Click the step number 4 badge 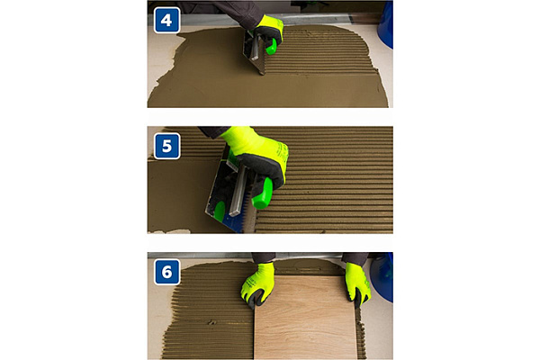click(x=166, y=21)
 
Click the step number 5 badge click(x=166, y=146)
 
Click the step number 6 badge click(x=166, y=272)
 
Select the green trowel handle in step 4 click(x=272, y=48)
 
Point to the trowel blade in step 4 click(x=254, y=52)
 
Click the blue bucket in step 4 click(x=385, y=24)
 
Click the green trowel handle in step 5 click(x=263, y=193)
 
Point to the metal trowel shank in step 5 click(x=239, y=190)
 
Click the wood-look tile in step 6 click(x=306, y=317)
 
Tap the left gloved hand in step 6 click(x=257, y=284)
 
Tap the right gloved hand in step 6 click(x=357, y=283)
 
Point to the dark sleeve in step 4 click(x=237, y=12)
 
